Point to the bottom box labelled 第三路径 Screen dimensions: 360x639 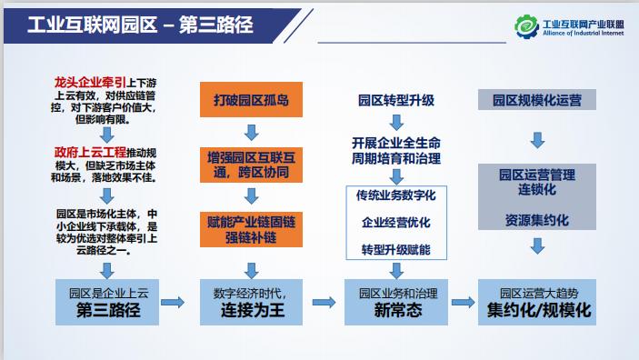108,303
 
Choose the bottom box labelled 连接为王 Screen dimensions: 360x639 250,303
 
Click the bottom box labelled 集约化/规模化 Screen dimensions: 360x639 536,303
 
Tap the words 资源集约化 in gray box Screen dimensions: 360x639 536,220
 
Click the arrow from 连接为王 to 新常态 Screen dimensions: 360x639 323,302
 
